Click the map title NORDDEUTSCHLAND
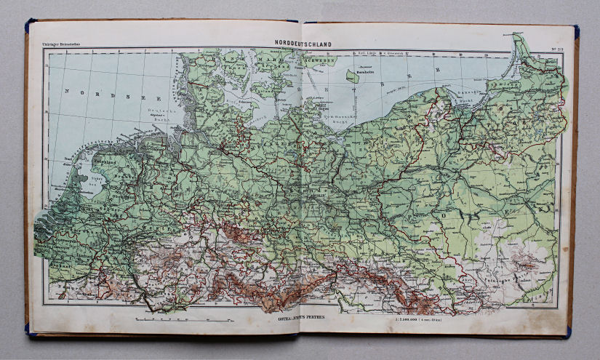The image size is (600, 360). (x=303, y=44)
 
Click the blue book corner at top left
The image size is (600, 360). (x=29, y=28)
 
